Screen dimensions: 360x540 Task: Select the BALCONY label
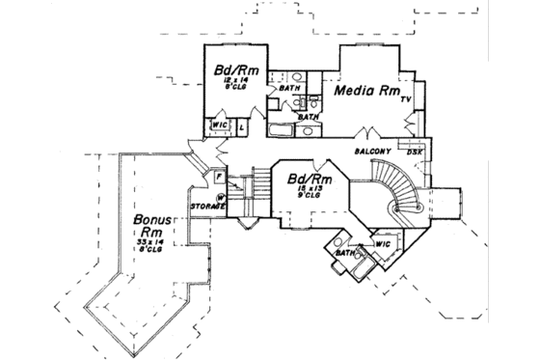(372, 152)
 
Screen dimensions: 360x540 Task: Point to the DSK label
(414, 152)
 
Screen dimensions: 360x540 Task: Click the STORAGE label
(207, 207)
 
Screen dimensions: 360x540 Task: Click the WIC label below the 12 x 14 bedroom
(219, 125)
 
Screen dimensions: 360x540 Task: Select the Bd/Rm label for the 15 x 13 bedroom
(310, 180)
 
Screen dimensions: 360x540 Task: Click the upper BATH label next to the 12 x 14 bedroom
(288, 89)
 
